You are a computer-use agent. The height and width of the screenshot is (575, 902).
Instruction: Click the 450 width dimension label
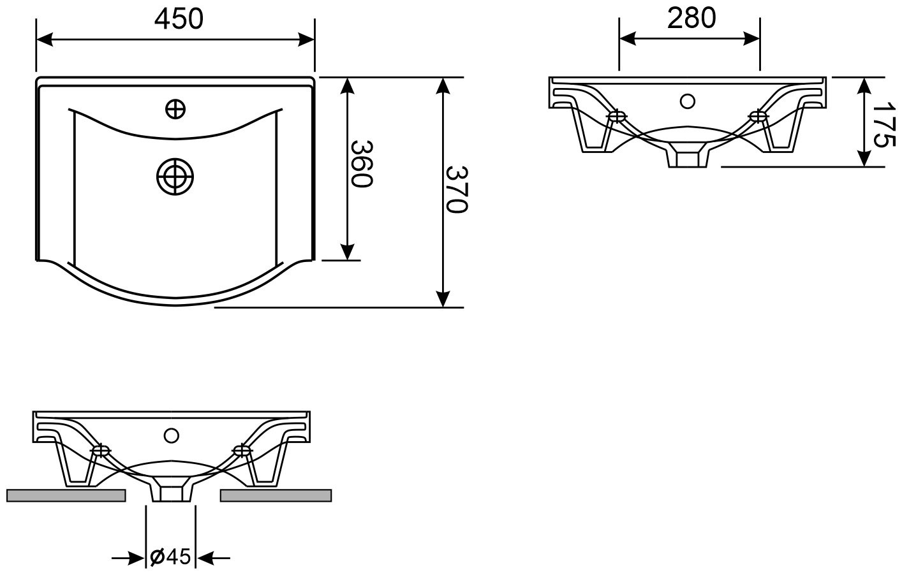(x=179, y=19)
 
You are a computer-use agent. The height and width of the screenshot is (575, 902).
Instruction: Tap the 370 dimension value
(x=457, y=189)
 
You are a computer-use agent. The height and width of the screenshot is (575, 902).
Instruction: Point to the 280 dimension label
(x=691, y=18)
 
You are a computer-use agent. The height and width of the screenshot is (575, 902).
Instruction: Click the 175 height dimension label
(x=885, y=125)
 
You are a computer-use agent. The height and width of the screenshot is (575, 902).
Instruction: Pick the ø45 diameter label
(x=170, y=557)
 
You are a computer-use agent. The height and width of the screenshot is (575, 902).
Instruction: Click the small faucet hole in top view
(x=175, y=109)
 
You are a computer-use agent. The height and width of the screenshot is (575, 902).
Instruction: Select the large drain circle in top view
(x=175, y=177)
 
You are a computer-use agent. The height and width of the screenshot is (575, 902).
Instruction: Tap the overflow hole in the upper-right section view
(x=688, y=101)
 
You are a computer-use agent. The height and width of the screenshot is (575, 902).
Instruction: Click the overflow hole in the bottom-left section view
(x=171, y=435)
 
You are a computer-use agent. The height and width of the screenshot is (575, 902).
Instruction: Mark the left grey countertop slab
(x=66, y=495)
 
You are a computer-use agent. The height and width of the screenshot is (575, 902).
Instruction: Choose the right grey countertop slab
(x=276, y=495)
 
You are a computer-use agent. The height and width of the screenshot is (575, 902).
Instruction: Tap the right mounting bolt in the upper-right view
(x=758, y=116)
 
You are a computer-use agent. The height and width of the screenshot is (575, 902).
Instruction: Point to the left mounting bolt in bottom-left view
(x=101, y=450)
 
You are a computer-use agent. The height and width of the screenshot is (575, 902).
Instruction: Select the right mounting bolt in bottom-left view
(x=242, y=450)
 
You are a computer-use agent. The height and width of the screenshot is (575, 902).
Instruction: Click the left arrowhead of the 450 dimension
(x=45, y=40)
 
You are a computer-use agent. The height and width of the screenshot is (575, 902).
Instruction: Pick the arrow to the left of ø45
(x=128, y=558)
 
